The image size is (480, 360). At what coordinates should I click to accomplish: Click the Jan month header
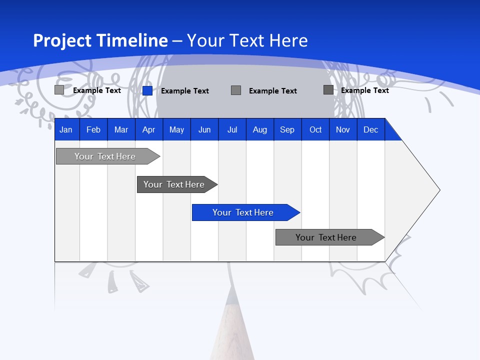coord(66,130)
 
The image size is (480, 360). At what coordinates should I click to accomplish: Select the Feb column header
coord(93,130)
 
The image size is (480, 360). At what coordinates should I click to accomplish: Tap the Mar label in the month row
coord(121,130)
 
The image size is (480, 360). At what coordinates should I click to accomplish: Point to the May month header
coord(176,130)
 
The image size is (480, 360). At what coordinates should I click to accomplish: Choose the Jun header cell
coord(204,130)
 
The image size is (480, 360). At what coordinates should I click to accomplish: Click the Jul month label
coord(232,130)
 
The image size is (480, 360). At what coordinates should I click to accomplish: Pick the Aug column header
coord(260,130)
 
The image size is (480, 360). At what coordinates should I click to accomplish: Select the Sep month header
coord(287,130)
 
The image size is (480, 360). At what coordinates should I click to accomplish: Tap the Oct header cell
coord(315,130)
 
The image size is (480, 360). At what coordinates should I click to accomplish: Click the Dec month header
coord(371,130)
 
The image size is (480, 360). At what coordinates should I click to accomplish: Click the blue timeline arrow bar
coord(245,212)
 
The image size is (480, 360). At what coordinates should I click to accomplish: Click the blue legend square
coord(147,90)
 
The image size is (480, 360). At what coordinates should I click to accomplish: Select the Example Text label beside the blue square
coord(185,91)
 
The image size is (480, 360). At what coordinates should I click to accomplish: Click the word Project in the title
coord(62,40)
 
